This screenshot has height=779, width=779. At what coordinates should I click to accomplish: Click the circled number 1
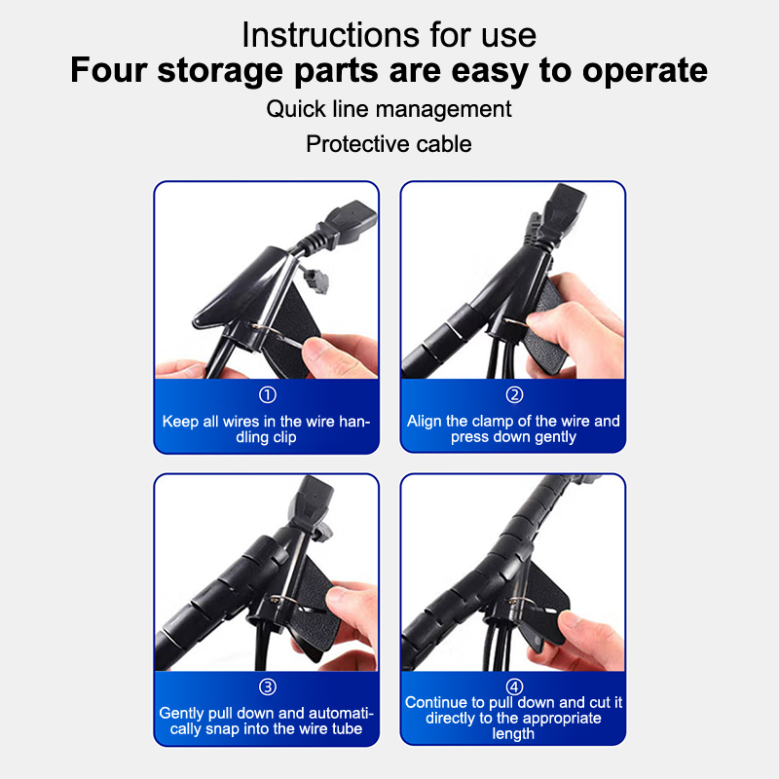[x=267, y=395]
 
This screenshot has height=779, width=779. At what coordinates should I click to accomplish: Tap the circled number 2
[x=514, y=395]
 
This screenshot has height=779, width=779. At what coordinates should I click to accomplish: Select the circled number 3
[x=267, y=687]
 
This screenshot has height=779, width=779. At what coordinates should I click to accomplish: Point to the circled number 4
[x=514, y=687]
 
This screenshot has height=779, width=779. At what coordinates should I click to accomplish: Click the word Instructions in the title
[x=331, y=35]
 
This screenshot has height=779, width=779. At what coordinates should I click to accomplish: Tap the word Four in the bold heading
[x=109, y=69]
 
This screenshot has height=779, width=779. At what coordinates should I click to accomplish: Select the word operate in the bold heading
[x=645, y=70]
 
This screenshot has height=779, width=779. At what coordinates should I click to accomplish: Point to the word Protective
[x=357, y=144]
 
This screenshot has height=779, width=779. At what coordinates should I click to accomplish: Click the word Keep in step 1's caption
[x=180, y=422]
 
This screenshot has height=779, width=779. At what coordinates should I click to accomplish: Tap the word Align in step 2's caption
[x=425, y=422]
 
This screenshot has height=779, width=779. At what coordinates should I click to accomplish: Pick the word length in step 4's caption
[x=513, y=734]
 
